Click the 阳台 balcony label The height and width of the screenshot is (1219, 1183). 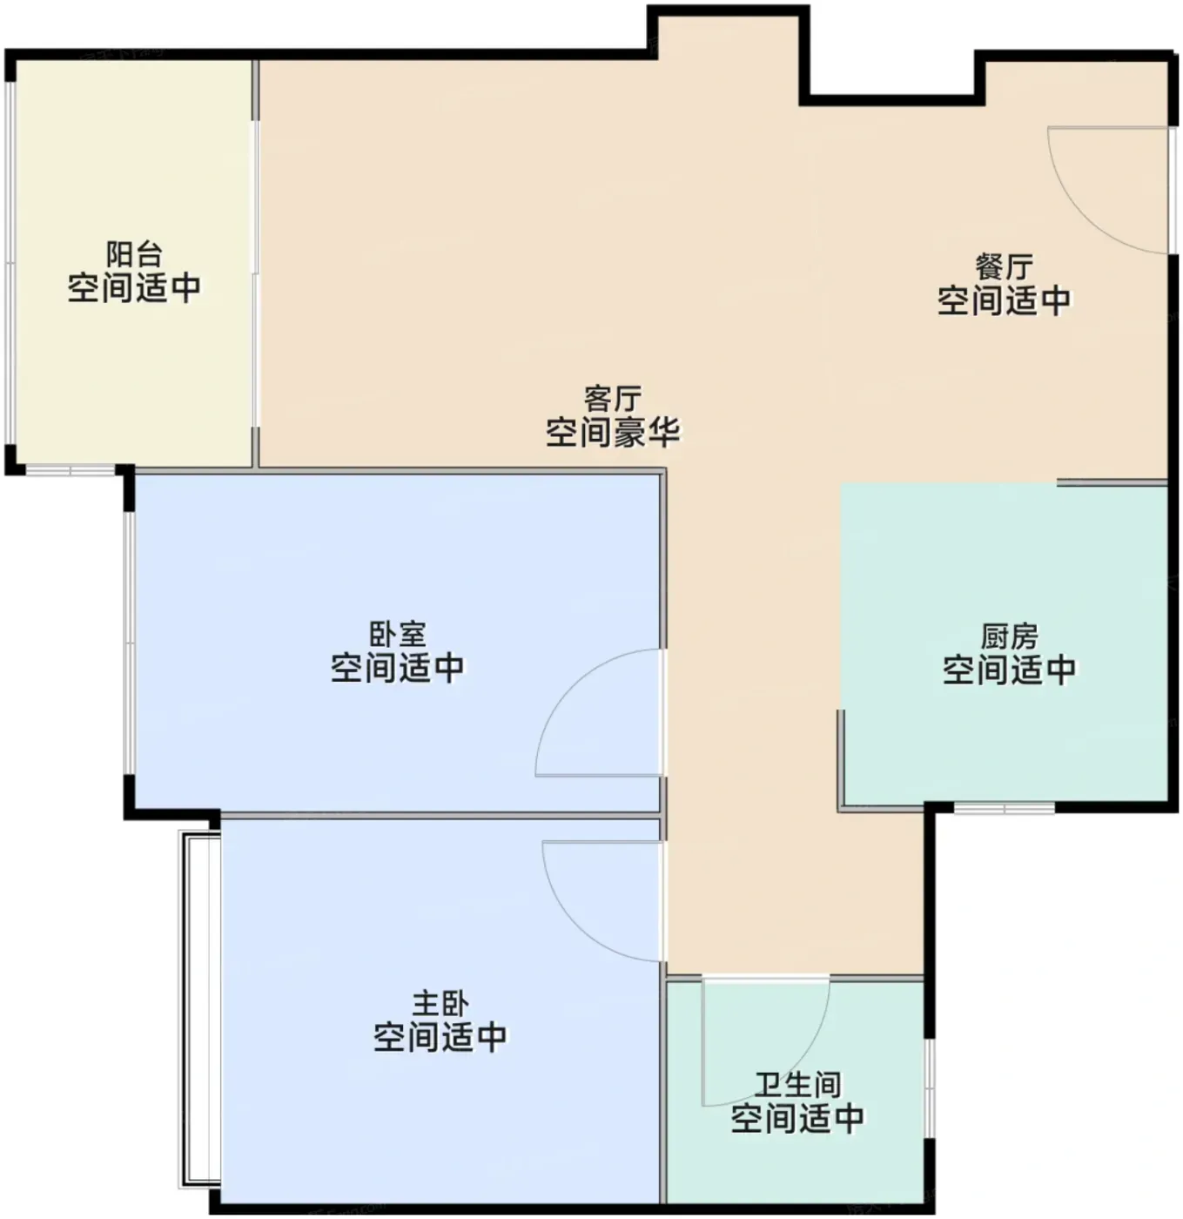point(134,254)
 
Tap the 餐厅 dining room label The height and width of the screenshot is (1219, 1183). point(1004,267)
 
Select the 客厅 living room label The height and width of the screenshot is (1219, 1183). point(613,399)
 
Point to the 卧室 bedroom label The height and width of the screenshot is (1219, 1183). point(397,635)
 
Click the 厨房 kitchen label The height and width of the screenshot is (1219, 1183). point(1009,637)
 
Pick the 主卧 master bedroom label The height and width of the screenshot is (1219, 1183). point(440,1004)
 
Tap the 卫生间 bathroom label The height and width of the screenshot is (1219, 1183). point(798,1085)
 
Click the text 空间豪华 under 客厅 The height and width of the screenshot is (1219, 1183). point(613,432)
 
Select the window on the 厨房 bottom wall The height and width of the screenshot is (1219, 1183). point(1004,808)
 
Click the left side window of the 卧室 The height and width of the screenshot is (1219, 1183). point(129,643)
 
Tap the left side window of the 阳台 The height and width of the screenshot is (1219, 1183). point(10,263)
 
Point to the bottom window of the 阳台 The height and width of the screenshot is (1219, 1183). point(71,470)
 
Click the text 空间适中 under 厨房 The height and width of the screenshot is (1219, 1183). point(1009,670)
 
